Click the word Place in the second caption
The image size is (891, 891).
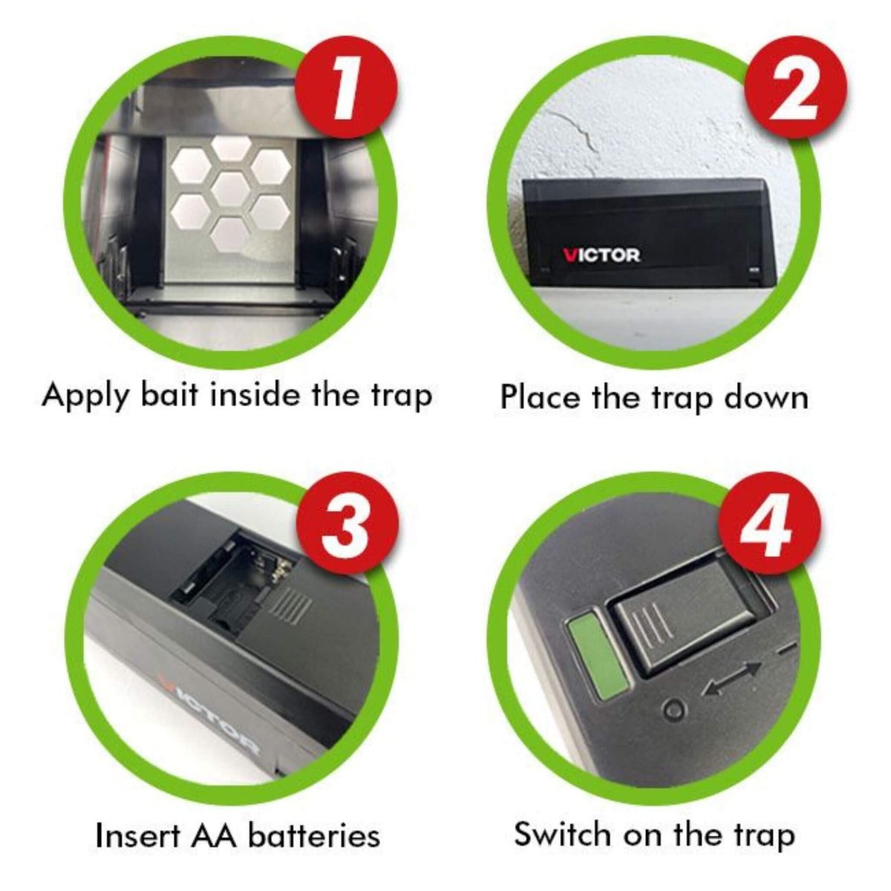pyautogui.click(x=541, y=396)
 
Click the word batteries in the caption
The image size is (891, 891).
pyautogui.click(x=313, y=835)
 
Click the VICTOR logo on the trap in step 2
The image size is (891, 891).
pyautogui.click(x=601, y=255)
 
